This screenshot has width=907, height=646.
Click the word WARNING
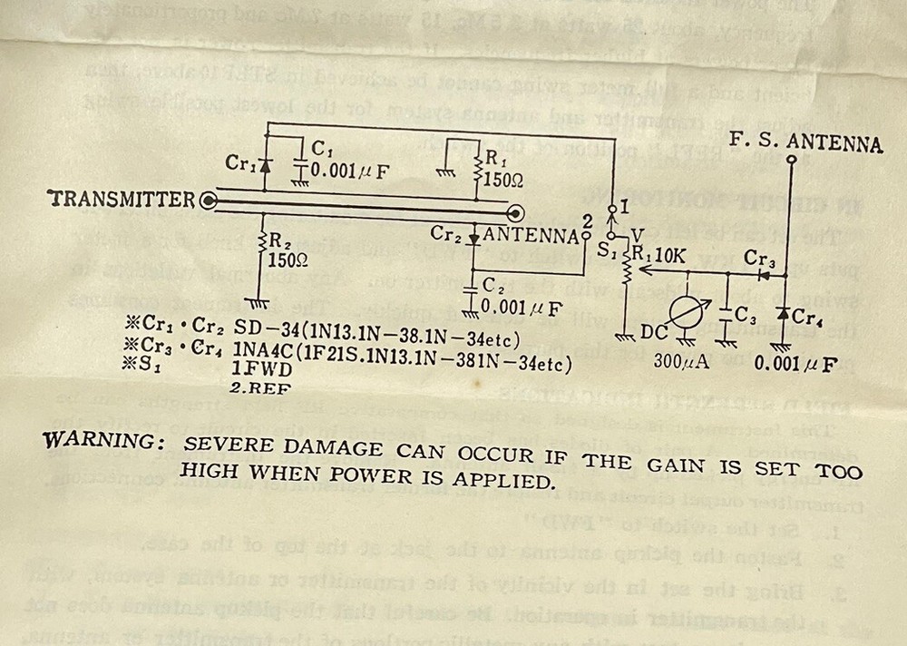[x=102, y=442]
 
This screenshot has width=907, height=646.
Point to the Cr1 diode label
[x=240, y=164]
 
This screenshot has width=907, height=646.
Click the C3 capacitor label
[x=746, y=316]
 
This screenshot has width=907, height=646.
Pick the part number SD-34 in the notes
[x=261, y=326]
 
